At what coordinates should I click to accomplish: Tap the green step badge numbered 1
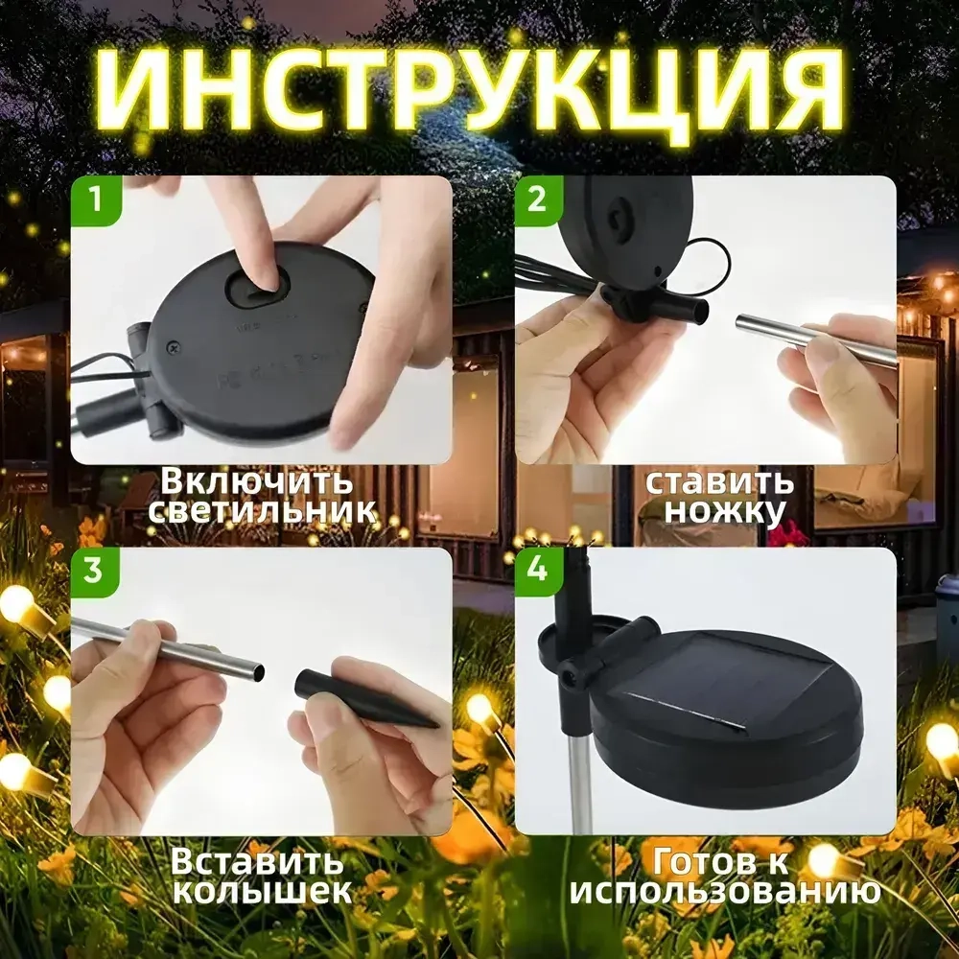(x=95, y=200)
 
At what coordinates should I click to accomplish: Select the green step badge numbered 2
(x=537, y=200)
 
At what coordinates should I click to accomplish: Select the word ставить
(x=719, y=480)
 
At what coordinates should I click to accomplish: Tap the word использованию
(x=725, y=892)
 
